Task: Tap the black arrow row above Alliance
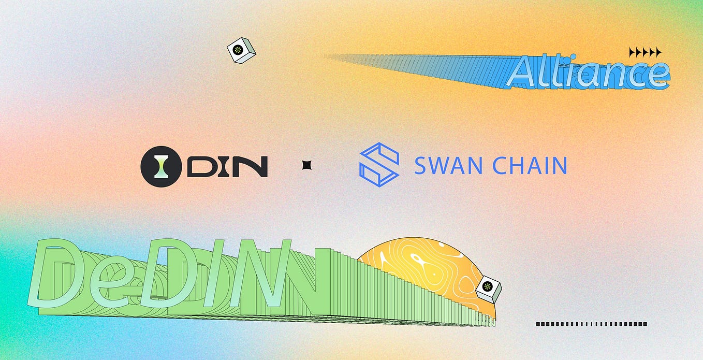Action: point(645,52)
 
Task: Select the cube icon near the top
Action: point(241,50)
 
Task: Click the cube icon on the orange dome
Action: point(489,289)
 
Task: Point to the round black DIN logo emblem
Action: point(161,166)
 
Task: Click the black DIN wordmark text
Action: point(227,167)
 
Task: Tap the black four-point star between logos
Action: point(306,165)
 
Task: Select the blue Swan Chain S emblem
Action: point(379,165)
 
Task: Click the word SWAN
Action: point(449,166)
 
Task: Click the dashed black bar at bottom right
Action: point(592,324)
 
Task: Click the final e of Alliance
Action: point(658,76)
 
